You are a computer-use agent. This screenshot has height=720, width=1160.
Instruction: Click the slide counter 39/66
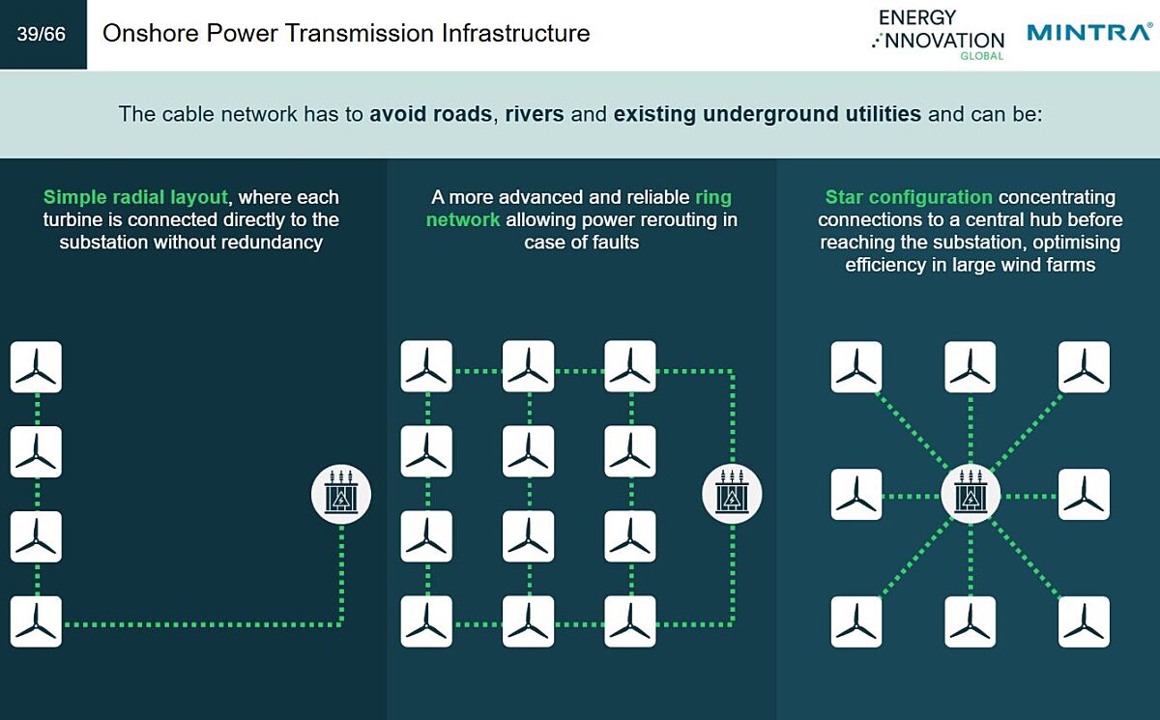pos(42,34)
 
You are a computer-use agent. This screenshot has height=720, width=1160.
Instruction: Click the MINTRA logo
pos(1089,32)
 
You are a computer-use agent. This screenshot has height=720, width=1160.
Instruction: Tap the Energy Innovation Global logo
pos(939,35)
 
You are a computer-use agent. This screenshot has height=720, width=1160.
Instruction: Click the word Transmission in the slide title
pos(360,33)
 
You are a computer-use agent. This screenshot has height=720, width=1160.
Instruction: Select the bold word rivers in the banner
pos(535,114)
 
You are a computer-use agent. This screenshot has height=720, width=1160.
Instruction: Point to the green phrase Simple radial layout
pos(135,197)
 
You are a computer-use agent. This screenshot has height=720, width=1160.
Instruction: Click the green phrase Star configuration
pos(909,197)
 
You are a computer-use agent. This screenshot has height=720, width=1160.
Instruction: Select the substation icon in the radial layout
pos(341,494)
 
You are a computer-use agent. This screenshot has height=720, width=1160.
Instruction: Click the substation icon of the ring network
pos(732,494)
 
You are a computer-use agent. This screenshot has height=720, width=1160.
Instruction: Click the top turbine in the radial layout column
pos(37,367)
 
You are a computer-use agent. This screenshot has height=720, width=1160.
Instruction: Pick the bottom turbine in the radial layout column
pos(37,621)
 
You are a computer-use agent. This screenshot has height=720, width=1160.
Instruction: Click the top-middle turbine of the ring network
pos(528,366)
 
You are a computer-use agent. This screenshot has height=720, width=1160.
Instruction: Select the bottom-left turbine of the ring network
pos(426,621)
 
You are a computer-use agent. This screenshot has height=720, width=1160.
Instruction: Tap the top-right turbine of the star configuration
pos(1084,367)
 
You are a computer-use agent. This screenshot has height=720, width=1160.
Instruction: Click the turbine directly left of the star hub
pos(856,494)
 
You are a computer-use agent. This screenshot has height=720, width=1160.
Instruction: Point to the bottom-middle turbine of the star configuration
pos(971,621)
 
